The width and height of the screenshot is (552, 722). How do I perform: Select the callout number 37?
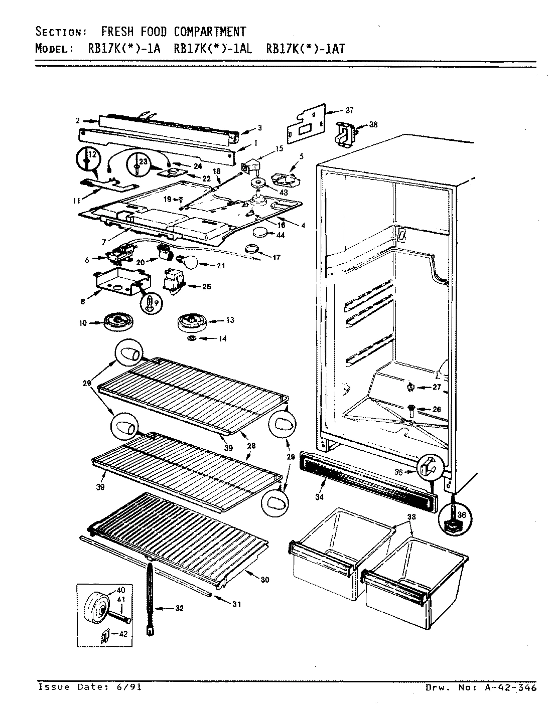pyautogui.click(x=349, y=110)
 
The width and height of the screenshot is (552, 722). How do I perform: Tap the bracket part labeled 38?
pyautogui.click(x=346, y=133)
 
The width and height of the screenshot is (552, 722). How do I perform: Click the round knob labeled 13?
pyautogui.click(x=192, y=321)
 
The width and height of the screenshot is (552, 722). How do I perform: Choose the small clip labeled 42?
pyautogui.click(x=105, y=637)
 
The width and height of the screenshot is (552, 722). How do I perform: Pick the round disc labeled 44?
pyautogui.click(x=260, y=232)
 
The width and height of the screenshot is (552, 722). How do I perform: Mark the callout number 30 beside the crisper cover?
pyautogui.click(x=264, y=580)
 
